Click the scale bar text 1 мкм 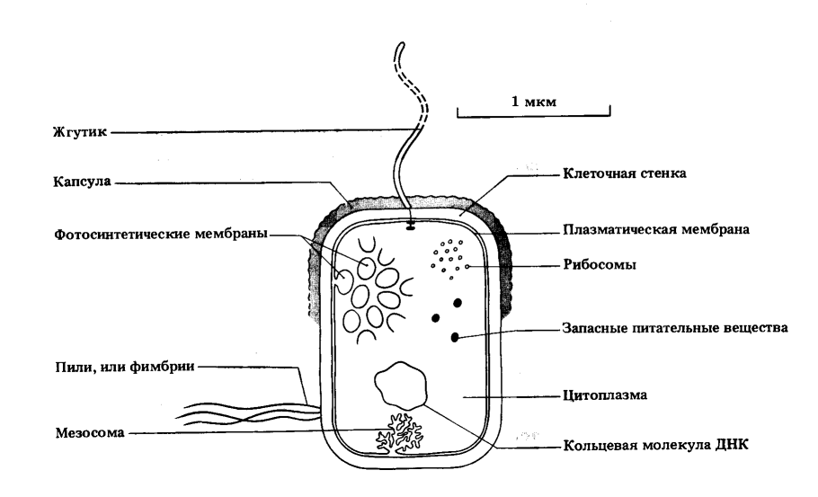pyautogui.click(x=535, y=102)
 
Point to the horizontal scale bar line pyautogui.click(x=535, y=115)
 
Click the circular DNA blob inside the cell pyautogui.click(x=401, y=386)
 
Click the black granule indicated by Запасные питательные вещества pyautogui.click(x=455, y=337)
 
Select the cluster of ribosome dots pyautogui.click(x=449, y=256)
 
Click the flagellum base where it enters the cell pyautogui.click(x=411, y=223)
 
